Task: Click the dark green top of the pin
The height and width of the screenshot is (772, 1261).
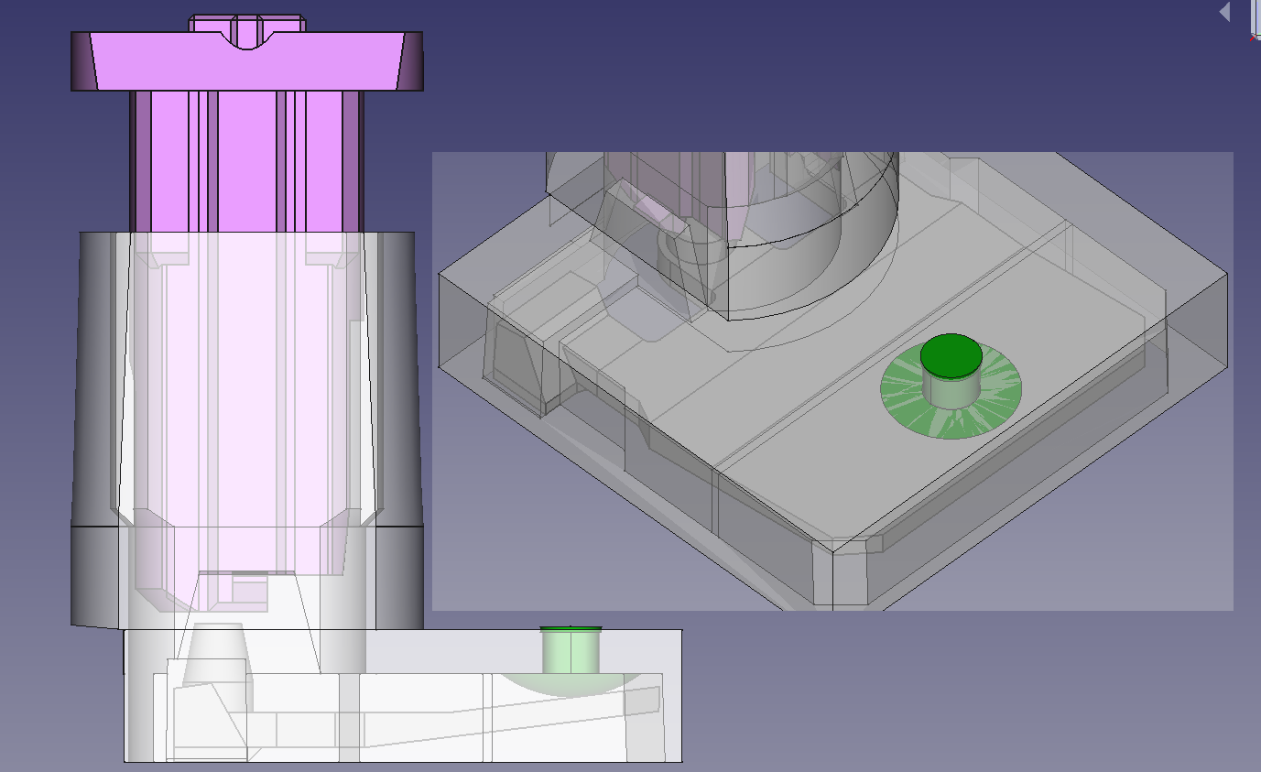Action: (951, 355)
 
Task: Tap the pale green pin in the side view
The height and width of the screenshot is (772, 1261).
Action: (570, 652)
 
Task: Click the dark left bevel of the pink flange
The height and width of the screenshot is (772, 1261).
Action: (82, 61)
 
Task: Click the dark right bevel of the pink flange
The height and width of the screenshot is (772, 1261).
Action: (411, 61)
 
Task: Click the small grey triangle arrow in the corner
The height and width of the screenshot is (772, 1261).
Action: (1225, 12)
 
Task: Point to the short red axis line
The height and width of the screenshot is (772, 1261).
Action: (1253, 38)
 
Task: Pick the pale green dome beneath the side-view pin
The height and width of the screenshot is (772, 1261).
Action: (559, 683)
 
